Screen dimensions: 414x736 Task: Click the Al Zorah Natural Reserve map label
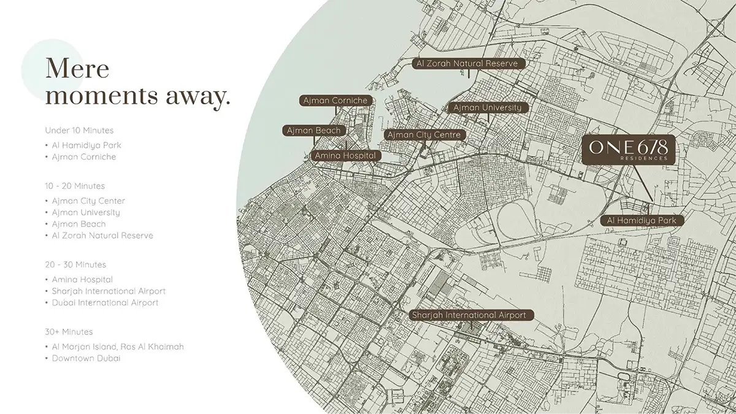point(467,64)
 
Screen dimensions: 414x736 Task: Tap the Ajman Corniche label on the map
point(334,101)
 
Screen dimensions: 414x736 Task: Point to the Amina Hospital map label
point(345,156)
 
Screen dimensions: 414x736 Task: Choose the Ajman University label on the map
point(488,108)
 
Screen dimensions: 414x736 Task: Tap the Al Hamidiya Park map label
point(642,220)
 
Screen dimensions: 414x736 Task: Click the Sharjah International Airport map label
point(469,315)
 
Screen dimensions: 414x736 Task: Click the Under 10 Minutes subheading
point(79,131)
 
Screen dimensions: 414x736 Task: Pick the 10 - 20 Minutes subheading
point(75,186)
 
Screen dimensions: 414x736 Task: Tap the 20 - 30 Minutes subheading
point(75,264)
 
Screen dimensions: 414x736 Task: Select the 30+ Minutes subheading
point(69,332)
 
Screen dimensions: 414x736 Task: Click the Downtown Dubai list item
point(86,358)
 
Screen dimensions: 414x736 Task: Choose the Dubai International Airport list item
point(105,302)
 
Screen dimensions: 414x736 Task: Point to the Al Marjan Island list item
point(118,347)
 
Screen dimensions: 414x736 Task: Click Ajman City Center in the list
point(88,201)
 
